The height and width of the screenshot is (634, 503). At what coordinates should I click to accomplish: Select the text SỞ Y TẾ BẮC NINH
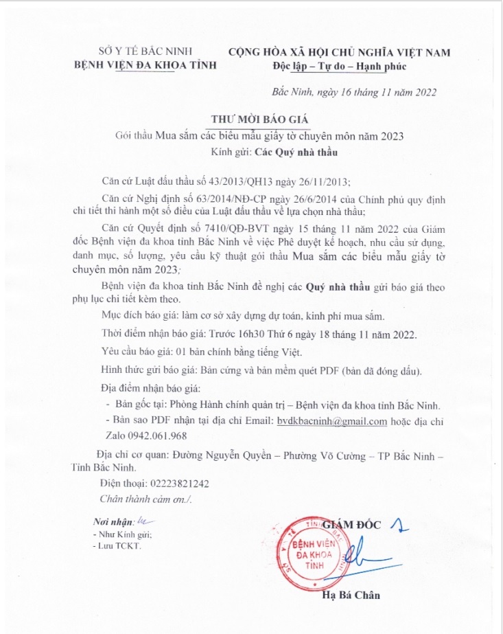coord(145,52)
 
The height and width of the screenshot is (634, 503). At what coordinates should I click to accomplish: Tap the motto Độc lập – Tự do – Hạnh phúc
coord(339,66)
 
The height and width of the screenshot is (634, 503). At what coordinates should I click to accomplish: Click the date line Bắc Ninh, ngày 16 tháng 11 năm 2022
coord(353,91)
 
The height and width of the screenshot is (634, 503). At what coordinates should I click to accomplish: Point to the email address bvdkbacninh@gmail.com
coord(331,421)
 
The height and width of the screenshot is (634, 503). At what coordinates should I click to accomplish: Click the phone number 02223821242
coord(175,484)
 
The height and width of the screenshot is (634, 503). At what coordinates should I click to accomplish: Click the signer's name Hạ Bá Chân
coord(351,595)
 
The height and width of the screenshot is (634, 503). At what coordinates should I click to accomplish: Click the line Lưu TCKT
coord(117,545)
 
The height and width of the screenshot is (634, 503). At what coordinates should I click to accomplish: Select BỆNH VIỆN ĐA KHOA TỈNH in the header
coord(145,65)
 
